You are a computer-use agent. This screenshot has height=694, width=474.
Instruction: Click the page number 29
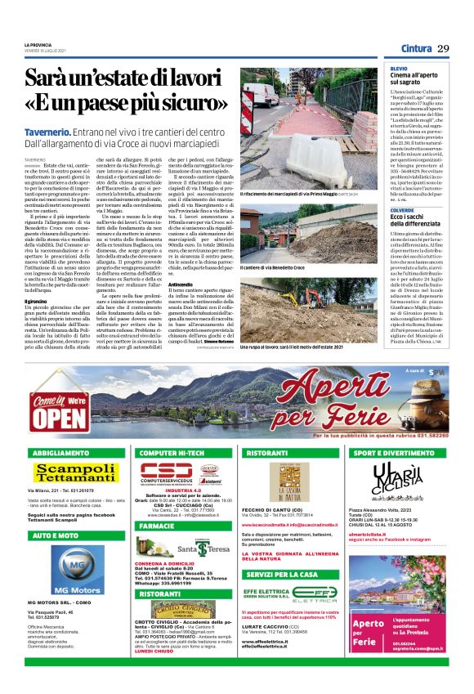pos(443,49)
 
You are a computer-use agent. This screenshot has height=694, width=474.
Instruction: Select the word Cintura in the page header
pos(416,49)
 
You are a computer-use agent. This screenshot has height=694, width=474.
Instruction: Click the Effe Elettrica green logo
pos(290,594)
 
